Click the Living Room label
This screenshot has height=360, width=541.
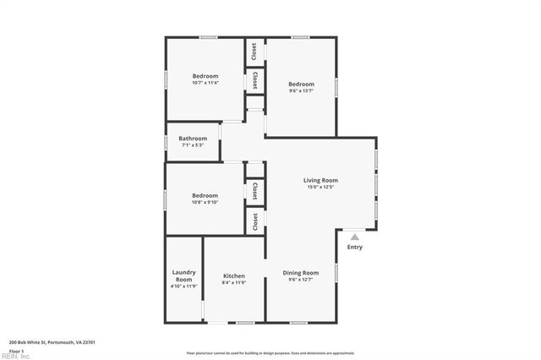320,180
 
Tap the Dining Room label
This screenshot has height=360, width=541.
301,273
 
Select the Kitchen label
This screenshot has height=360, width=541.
234,276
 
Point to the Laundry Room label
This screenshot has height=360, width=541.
183,275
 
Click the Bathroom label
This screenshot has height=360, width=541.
193,139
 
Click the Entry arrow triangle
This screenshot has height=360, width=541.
354,237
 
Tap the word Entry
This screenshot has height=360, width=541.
354,247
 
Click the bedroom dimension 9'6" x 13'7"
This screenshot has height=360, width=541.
301,91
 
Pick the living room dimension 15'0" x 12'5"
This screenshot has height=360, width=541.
320,188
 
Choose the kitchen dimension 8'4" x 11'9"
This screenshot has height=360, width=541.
234,283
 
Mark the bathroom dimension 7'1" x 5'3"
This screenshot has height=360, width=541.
193,145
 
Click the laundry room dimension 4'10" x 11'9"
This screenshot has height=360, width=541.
183,286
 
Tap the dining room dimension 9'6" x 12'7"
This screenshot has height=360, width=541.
301,281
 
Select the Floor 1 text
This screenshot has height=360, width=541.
16,351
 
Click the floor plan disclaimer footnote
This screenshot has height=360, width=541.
270,353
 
